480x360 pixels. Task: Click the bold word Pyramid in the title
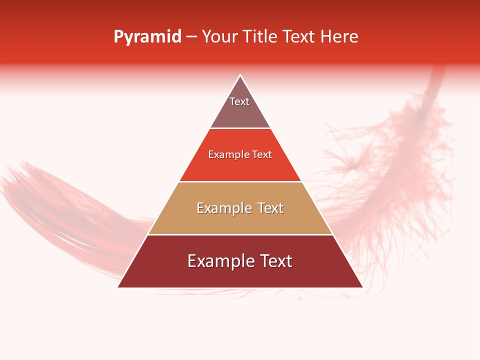[147, 37]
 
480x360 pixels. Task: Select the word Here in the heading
[339, 37]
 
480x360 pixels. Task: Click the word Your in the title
[219, 37]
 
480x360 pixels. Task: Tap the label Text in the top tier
[239, 101]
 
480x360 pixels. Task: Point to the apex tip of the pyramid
[240, 76]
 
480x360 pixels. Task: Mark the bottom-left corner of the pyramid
[118, 286]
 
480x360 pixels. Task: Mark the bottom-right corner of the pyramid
[362, 286]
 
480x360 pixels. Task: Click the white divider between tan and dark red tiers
[240, 234]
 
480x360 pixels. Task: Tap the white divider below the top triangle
[240, 128]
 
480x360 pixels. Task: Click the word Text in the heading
[300, 37]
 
